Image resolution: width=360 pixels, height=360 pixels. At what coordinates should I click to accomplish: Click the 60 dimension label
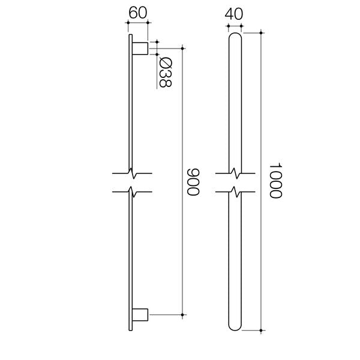click(137, 11)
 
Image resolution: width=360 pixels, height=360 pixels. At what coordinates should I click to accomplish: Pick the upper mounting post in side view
click(140, 48)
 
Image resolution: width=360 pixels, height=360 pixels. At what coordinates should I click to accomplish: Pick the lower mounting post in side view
click(140, 314)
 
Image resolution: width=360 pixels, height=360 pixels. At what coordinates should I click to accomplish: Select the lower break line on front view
click(236, 193)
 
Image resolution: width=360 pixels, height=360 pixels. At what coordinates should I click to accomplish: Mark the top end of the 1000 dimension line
click(262, 31)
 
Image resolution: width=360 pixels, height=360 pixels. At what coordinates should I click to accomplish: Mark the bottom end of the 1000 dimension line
click(262, 330)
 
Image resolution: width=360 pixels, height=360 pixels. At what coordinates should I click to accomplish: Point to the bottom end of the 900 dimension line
click(182, 314)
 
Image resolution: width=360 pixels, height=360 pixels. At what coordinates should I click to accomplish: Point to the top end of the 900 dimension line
click(182, 48)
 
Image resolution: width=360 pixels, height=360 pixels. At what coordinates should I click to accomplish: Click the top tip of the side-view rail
click(129, 35)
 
